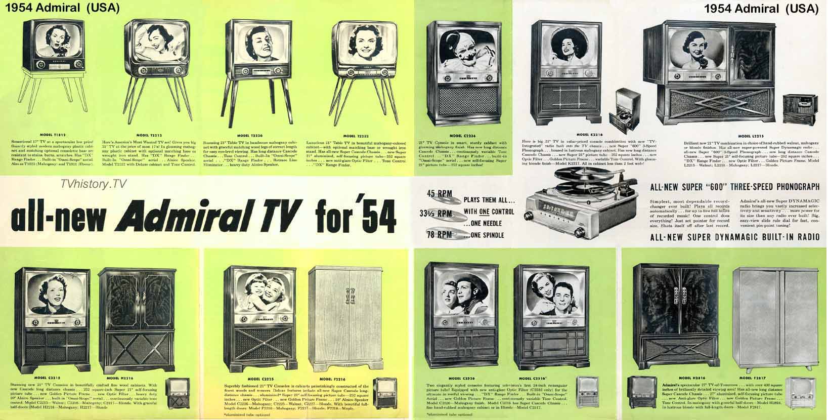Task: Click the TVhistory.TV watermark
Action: [x=92, y=185]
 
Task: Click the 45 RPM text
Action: [x=438, y=193]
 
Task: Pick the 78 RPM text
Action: [x=438, y=234]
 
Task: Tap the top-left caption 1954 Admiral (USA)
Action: [x=61, y=8]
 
